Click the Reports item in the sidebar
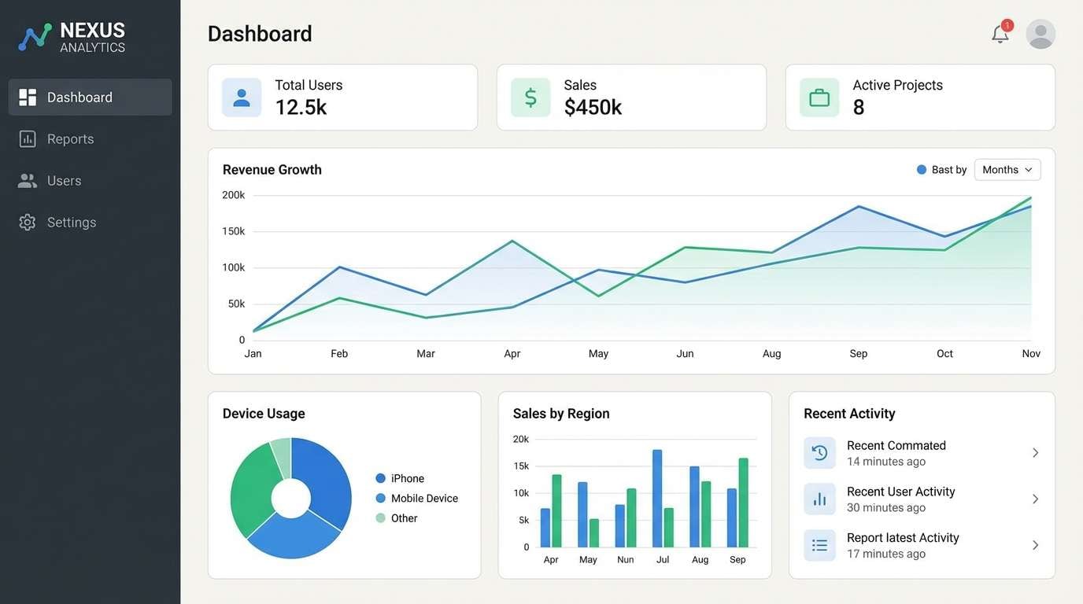(70, 139)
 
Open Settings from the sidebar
(71, 223)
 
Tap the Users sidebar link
(64, 181)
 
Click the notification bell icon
(1000, 34)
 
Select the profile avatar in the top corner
(1040, 34)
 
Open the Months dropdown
(1007, 170)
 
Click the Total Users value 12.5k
(301, 108)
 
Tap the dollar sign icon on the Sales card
(530, 98)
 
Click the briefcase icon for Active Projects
(819, 98)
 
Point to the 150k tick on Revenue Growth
(234, 231)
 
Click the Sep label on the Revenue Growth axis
(858, 354)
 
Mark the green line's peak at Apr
(512, 241)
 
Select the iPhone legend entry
(407, 478)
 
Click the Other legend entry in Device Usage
(404, 518)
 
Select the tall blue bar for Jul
(657, 499)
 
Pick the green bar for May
(594, 532)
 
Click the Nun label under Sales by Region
(626, 560)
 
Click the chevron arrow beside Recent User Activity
(1036, 499)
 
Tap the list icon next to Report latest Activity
(819, 545)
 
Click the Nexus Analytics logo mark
(35, 37)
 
